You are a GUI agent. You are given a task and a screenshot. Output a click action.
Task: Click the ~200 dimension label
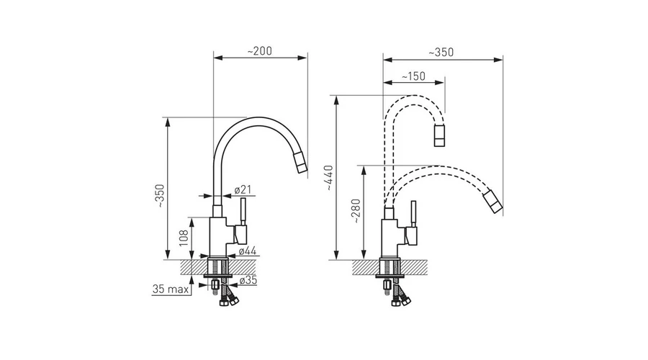click(259, 51)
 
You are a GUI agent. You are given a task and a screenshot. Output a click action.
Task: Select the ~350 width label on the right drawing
click(441, 53)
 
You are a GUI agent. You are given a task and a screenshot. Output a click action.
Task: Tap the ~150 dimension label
click(413, 76)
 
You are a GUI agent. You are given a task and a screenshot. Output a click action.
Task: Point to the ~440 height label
click(329, 178)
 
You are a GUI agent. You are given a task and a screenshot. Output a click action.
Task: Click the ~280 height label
click(356, 211)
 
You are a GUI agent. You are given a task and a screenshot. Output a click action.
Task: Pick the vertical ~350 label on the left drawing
click(160, 196)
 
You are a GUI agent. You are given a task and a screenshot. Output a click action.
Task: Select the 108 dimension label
click(184, 238)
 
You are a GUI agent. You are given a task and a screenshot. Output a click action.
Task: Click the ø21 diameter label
click(243, 189)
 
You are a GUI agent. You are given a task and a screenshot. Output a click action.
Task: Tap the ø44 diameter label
click(247, 251)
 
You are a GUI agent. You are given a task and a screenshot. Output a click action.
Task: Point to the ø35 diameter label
click(248, 280)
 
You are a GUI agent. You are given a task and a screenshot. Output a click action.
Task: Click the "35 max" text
click(170, 289)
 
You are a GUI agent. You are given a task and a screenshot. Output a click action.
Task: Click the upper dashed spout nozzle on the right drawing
click(440, 135)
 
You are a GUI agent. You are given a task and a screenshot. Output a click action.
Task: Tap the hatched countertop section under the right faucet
click(390, 267)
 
